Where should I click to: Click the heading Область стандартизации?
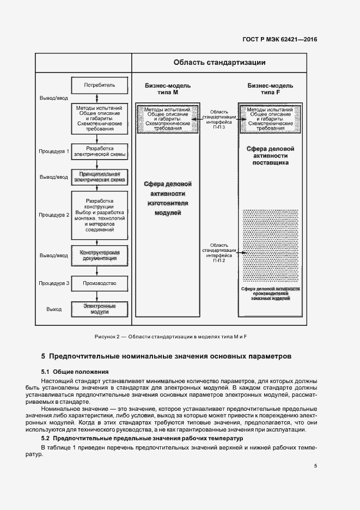pyautogui.click(x=219, y=62)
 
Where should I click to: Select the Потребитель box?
pyautogui.click(x=100, y=86)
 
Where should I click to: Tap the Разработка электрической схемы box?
pyautogui.click(x=100, y=151)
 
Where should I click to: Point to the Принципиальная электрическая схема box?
pyautogui.click(x=100, y=177)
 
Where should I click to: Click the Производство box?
pyautogui.click(x=100, y=283)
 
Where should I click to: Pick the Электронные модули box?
pyautogui.click(x=100, y=309)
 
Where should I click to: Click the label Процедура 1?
pyautogui.click(x=53, y=151)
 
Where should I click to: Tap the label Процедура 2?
pyautogui.click(x=53, y=215)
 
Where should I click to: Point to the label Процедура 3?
pyautogui.click(x=53, y=283)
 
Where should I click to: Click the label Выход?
pyautogui.click(x=54, y=309)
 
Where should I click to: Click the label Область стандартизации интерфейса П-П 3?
pyautogui.click(x=218, y=118)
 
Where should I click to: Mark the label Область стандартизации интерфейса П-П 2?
pyautogui.click(x=218, y=252)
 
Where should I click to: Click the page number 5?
pyautogui.click(x=316, y=465)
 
